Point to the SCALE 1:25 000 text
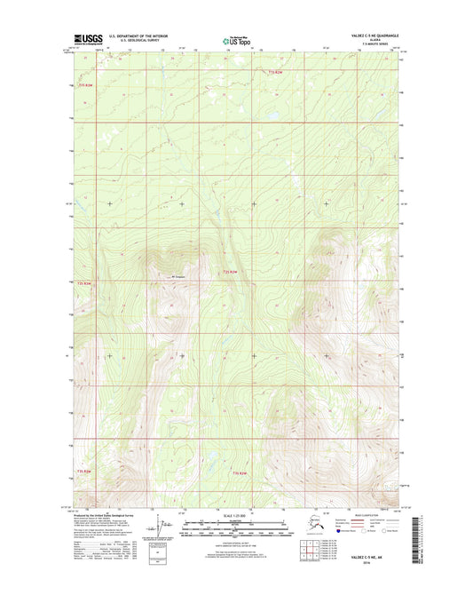(235, 516)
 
